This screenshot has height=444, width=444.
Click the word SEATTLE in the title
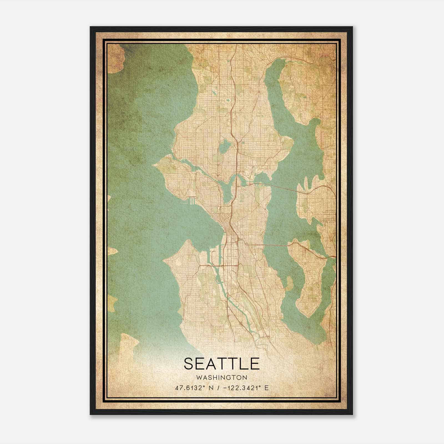[221, 364]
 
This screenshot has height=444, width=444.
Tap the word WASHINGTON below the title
[221, 378]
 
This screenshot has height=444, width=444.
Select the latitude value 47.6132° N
[194, 388]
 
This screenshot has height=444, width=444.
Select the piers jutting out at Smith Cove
[191, 201]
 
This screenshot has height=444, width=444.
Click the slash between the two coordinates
[220, 388]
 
